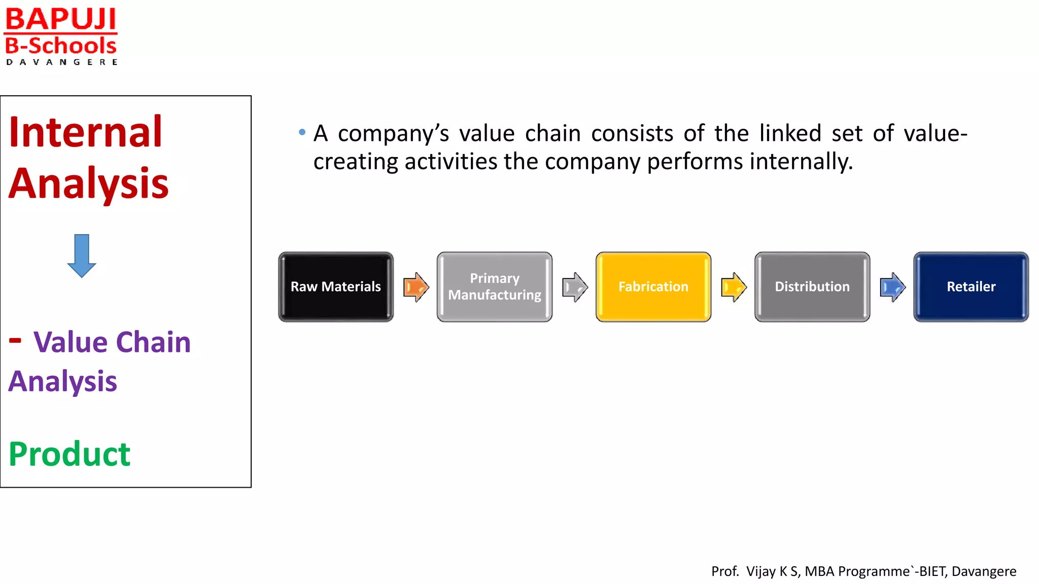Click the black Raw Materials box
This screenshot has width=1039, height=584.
point(336,287)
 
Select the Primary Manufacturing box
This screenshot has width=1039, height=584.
point(495,287)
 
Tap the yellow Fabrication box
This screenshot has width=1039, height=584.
point(653,287)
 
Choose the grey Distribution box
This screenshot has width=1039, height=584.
point(812,287)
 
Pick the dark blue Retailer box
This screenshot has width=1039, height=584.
point(971,287)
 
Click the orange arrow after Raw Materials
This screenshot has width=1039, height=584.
point(416,287)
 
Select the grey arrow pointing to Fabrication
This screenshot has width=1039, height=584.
point(575,287)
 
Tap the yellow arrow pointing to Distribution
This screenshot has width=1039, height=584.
point(734,287)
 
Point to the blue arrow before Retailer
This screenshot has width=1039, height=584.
point(892,287)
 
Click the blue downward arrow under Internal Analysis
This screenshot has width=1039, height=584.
point(82,255)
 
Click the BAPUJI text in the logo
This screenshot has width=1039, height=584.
point(61,19)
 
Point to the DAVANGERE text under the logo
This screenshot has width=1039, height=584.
point(62,62)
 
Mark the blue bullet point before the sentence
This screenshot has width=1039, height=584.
point(302,133)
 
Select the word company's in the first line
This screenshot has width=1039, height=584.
point(393,134)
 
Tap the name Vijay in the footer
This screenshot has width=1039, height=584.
point(761,571)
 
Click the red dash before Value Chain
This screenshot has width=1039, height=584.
point(15,340)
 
